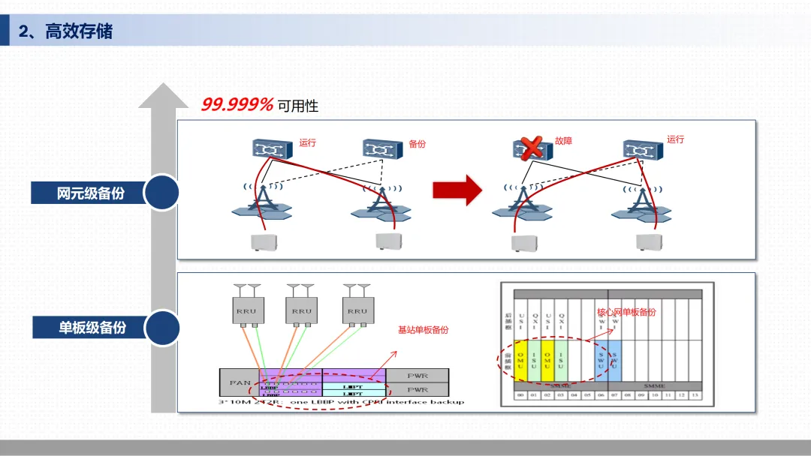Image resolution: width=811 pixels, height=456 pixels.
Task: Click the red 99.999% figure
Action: click(237, 105)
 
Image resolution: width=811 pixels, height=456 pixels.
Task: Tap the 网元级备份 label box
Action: click(90, 193)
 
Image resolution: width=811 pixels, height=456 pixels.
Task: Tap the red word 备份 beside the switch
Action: click(417, 143)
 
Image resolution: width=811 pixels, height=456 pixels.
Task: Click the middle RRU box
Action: click(300, 310)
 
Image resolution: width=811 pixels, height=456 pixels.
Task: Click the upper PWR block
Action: click(417, 374)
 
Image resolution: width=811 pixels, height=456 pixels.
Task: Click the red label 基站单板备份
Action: click(423, 330)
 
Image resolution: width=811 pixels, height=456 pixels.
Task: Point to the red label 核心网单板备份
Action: click(626, 311)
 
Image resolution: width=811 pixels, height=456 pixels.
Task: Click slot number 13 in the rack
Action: click(694, 394)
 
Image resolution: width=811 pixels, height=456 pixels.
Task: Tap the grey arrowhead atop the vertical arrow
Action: click(162, 96)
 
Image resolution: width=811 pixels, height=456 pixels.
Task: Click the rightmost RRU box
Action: click(357, 310)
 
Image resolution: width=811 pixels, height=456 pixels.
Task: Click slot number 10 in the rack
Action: click(654, 394)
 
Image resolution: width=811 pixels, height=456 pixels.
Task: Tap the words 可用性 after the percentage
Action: click(298, 106)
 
